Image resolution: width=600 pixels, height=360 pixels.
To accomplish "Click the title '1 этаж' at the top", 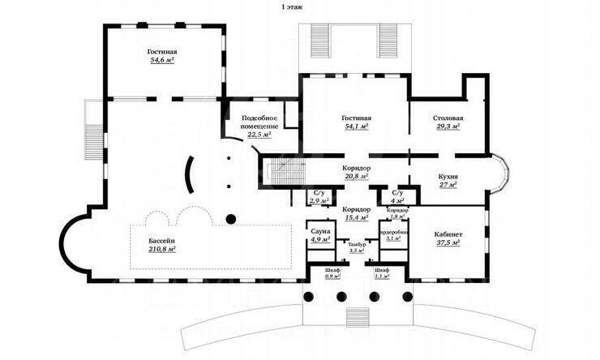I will pos(294,6).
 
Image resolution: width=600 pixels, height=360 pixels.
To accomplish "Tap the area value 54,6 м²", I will pos(162,60).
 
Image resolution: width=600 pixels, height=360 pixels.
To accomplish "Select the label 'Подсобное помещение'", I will pos(260,122).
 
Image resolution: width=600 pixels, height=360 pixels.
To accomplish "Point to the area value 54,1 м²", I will pos(356,127).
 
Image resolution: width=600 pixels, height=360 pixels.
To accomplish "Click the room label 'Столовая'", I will pos(448,118).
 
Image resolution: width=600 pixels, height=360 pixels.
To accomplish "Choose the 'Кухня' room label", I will pos(448,176).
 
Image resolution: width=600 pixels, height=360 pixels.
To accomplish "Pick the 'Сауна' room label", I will pos(319,231).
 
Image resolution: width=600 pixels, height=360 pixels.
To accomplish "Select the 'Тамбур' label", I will pos(357,244).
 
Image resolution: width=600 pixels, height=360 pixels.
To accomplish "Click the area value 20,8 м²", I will pos(356,176).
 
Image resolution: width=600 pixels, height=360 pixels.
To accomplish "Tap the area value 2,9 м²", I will pos(319,199).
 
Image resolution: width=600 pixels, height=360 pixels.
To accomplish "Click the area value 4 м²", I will pos(397,199).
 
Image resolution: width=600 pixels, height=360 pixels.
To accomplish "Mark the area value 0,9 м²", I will pos(332,277).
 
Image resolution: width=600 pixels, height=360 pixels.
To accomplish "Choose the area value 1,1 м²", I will pos(382,277).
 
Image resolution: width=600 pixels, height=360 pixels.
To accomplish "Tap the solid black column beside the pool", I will pos(230,217).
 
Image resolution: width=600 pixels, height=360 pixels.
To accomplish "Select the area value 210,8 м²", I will pos(163,250).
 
